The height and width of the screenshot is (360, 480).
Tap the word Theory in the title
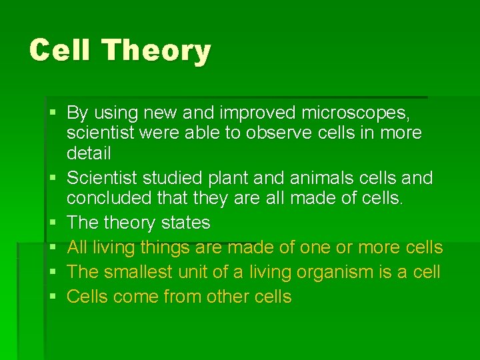coord(157,51)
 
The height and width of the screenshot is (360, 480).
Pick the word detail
coord(89,153)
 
